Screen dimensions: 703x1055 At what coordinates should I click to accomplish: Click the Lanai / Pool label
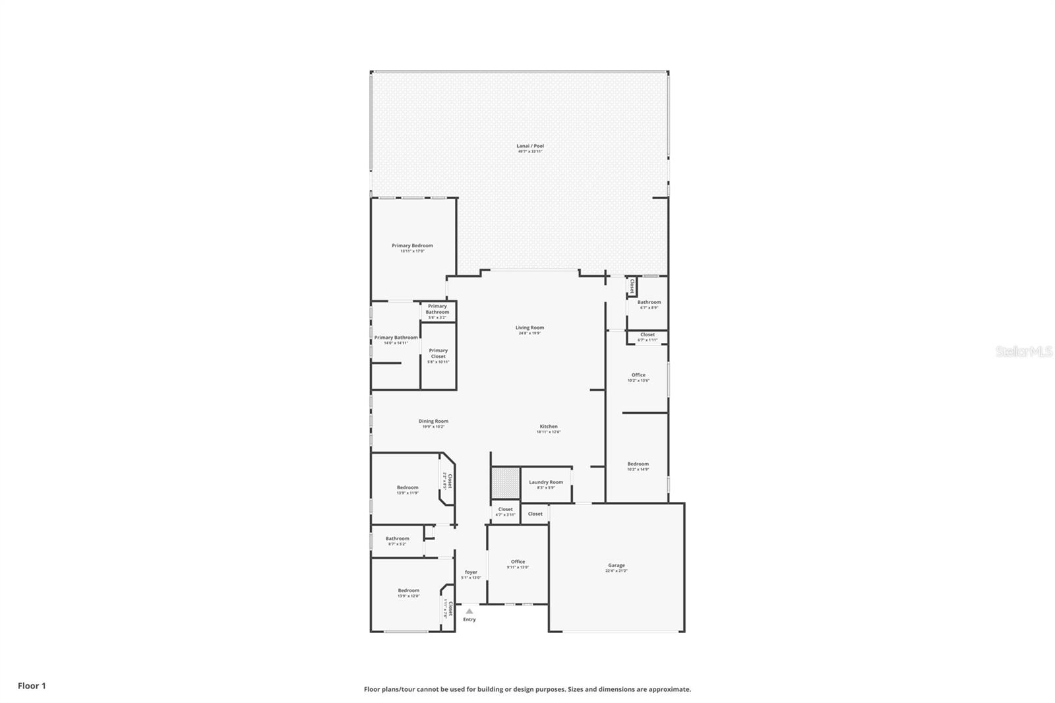(x=530, y=146)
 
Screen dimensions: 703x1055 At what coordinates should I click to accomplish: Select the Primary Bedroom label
(x=412, y=246)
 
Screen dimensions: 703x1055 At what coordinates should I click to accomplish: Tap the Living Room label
(x=529, y=328)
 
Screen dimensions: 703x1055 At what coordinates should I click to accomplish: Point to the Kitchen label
(x=549, y=427)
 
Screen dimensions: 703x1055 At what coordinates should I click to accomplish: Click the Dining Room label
(x=433, y=421)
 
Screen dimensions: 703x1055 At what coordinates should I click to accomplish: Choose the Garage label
(x=617, y=566)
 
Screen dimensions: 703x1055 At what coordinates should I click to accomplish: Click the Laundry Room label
(x=546, y=483)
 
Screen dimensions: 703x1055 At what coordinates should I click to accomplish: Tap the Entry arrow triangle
(x=469, y=611)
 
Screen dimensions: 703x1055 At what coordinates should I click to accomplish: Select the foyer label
(x=471, y=572)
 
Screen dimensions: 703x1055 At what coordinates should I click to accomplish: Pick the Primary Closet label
(x=438, y=353)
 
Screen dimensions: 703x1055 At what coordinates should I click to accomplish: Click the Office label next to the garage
(x=518, y=562)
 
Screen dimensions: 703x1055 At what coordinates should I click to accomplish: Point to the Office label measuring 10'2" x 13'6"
(x=638, y=375)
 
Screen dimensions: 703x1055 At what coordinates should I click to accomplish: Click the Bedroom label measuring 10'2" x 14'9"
(x=638, y=464)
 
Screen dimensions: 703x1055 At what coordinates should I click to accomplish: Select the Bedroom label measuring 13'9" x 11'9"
(x=407, y=488)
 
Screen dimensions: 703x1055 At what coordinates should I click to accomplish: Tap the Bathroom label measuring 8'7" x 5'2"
(x=397, y=539)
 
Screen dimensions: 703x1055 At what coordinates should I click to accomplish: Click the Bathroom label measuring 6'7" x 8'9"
(x=649, y=303)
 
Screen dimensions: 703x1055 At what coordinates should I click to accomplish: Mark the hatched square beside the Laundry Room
(x=505, y=483)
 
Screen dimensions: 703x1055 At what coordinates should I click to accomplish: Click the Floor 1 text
(x=32, y=686)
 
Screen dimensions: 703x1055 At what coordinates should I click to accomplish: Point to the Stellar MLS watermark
(x=1024, y=352)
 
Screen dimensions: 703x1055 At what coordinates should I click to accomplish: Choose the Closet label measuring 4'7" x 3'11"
(x=505, y=510)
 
